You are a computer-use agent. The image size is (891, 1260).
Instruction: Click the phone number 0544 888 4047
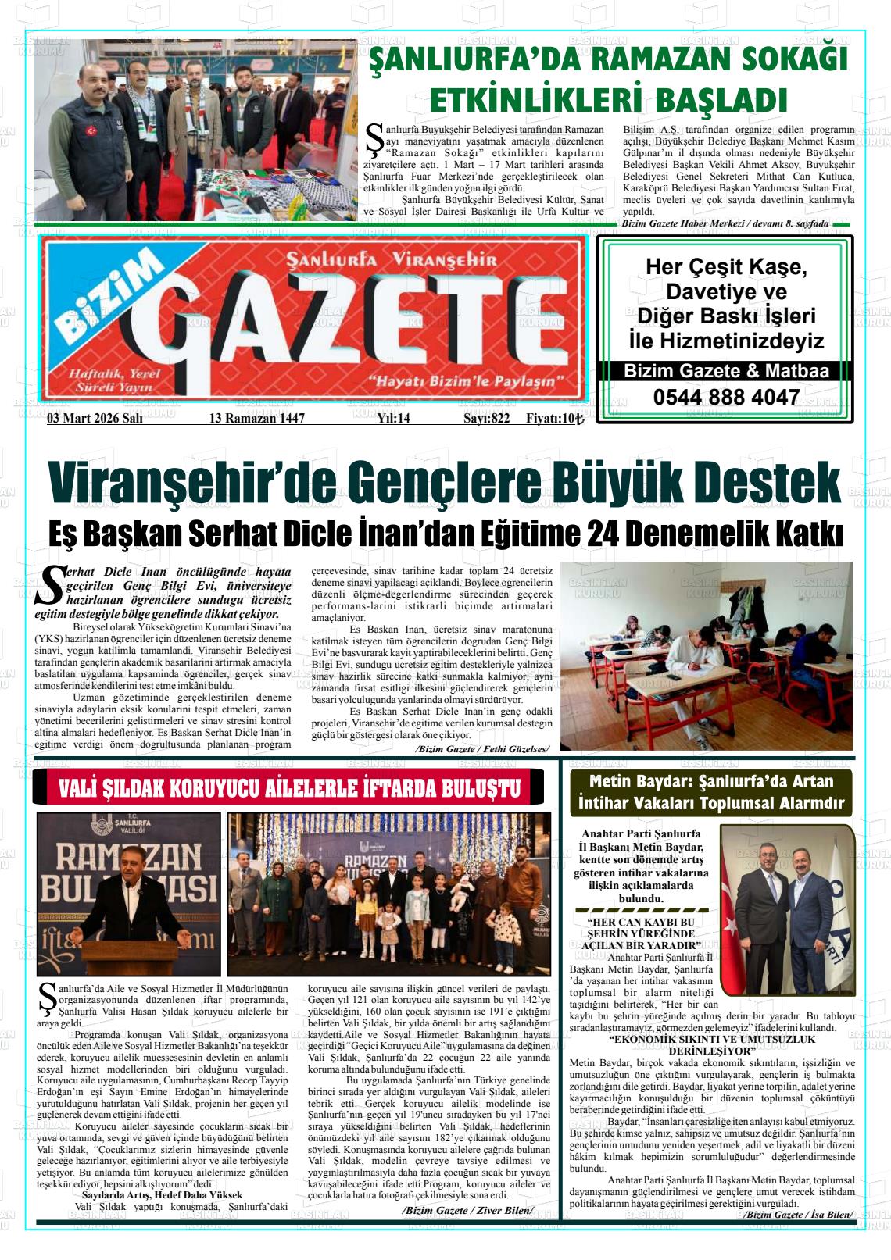(x=725, y=398)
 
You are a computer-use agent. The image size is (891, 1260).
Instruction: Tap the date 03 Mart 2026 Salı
(x=95, y=418)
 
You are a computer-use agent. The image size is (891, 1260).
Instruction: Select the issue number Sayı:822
(x=486, y=418)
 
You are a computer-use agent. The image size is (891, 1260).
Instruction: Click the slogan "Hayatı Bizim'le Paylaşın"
(x=466, y=382)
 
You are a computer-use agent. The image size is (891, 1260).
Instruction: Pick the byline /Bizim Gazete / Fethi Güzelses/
(x=482, y=749)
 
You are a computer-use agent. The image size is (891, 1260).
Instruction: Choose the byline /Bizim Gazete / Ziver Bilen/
(x=468, y=1211)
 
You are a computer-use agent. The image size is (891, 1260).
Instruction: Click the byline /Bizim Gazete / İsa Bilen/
(x=798, y=1215)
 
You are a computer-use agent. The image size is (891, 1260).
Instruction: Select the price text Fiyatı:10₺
(x=555, y=418)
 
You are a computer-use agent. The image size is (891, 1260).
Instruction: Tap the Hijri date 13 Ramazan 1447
(x=256, y=418)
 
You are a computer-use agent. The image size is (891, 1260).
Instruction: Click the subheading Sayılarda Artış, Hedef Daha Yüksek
(x=162, y=1194)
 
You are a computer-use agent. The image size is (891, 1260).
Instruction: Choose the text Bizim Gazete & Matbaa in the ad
(x=725, y=371)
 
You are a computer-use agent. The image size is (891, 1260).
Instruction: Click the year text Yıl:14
(x=393, y=418)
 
